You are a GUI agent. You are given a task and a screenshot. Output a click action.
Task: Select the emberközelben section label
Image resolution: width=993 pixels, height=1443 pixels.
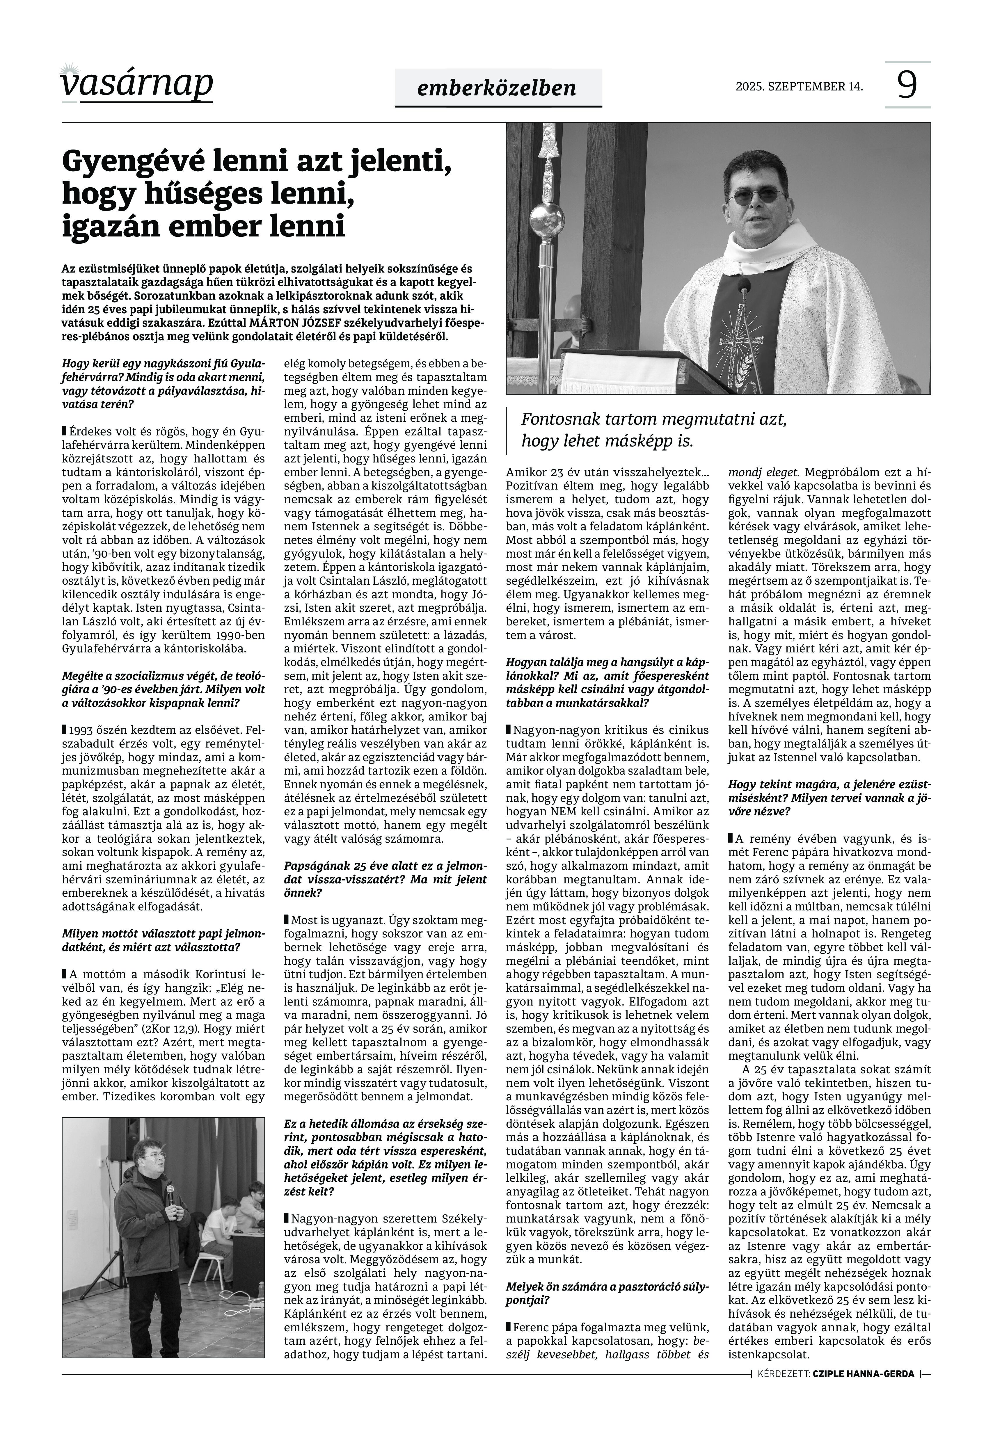pos(498,88)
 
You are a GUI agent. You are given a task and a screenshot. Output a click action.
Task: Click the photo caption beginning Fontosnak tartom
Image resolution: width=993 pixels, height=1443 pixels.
pos(653,430)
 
